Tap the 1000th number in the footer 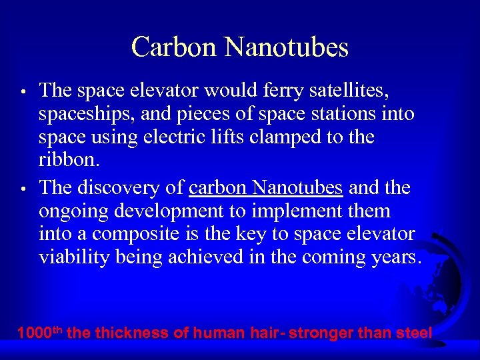[x=40, y=332]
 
